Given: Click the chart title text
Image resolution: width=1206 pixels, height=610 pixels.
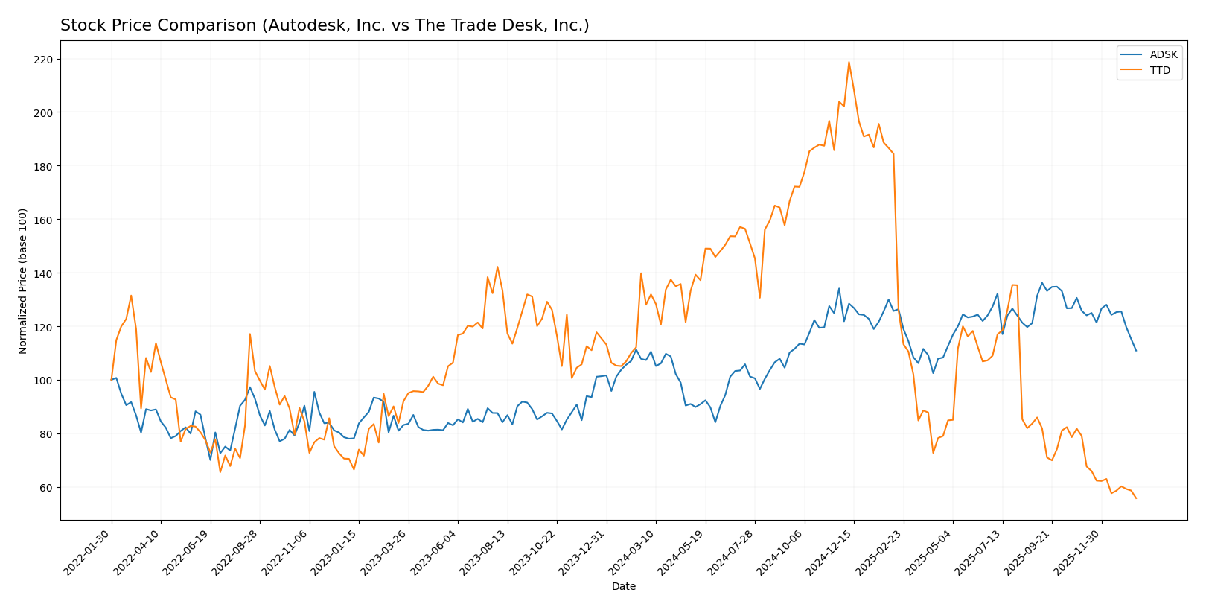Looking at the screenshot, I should [325, 25].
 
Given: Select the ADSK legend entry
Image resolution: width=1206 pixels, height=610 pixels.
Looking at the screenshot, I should [1164, 55].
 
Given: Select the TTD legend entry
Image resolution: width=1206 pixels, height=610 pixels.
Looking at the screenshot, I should [1160, 71].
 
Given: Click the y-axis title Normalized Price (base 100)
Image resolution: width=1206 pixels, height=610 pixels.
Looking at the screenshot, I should [23, 281].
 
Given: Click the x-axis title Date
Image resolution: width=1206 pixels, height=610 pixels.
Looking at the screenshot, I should [623, 586].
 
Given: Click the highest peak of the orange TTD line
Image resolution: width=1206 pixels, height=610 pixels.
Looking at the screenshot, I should [849, 62].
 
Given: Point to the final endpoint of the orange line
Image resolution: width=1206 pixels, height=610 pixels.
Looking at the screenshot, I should [1136, 498].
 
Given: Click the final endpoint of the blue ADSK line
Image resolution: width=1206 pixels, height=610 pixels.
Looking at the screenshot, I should [1136, 351].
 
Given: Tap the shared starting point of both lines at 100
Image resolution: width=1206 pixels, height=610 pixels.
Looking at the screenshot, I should [112, 380].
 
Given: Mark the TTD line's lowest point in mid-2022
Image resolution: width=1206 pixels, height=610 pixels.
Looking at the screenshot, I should [220, 471].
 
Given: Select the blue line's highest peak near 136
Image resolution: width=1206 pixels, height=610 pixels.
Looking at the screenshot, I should [1042, 283].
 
